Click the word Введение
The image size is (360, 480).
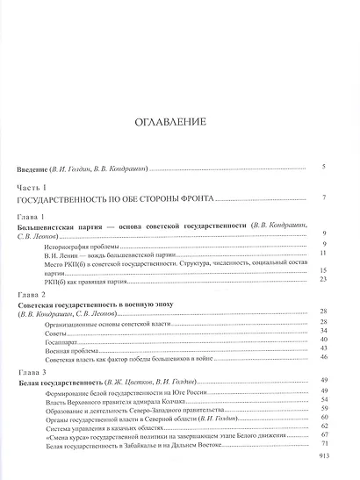click(x=37, y=167)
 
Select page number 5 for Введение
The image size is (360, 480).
click(x=324, y=166)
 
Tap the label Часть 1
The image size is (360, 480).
click(x=32, y=187)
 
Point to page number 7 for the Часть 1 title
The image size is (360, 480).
click(x=324, y=198)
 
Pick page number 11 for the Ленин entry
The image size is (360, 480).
click(x=323, y=252)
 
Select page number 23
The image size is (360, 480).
click(x=323, y=279)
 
